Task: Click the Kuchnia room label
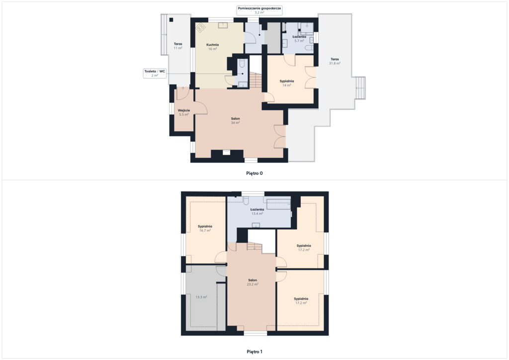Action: click(x=212, y=47)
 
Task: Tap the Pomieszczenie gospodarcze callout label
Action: click(x=259, y=10)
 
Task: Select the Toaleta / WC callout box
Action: click(x=155, y=73)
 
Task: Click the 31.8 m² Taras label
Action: click(x=335, y=61)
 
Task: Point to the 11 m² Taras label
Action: click(x=178, y=46)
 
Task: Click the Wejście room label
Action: click(x=184, y=112)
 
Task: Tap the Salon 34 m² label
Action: click(x=235, y=121)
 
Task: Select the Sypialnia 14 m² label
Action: click(x=287, y=83)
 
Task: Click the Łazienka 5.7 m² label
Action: click(x=299, y=39)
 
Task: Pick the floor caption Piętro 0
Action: click(x=254, y=174)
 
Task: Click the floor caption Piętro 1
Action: click(x=254, y=352)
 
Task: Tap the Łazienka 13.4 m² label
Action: click(x=257, y=212)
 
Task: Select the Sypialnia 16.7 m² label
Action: click(x=205, y=228)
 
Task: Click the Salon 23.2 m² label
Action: click(x=253, y=282)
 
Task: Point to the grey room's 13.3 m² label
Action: click(x=201, y=297)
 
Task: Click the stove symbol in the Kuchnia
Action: click(x=200, y=28)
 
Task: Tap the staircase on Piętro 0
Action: click(x=255, y=80)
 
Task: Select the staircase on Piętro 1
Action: click(x=254, y=246)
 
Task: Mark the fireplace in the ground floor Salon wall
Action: click(x=226, y=153)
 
